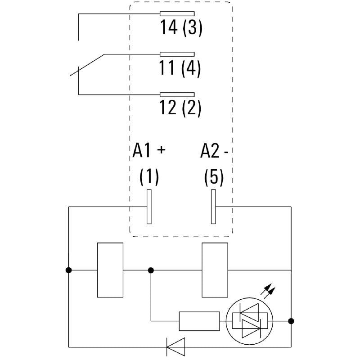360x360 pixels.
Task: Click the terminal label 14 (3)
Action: click(182, 28)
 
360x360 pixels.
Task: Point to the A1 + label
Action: click(149, 152)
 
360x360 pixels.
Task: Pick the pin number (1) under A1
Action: click(149, 177)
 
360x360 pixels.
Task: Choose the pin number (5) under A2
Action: click(214, 177)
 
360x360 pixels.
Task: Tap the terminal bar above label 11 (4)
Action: click(178, 54)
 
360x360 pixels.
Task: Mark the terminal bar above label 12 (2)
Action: click(178, 94)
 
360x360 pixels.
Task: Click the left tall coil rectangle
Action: click(110, 270)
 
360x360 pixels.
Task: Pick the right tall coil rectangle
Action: click(215, 270)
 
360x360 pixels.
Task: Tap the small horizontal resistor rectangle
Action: click(199, 321)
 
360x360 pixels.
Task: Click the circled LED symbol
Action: click(249, 321)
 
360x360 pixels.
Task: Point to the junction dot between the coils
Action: click(151, 270)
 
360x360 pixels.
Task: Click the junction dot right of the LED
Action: click(291, 321)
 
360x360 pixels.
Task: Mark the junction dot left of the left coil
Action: click(68, 270)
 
